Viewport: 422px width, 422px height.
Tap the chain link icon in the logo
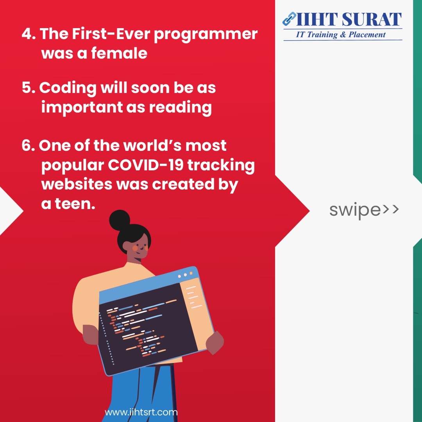289,19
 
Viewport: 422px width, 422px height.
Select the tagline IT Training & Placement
340,35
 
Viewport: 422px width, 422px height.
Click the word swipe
355,210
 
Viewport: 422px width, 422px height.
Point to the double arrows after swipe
390,209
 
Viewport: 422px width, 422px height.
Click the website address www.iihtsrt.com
141,412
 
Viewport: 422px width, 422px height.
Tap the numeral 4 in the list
27,34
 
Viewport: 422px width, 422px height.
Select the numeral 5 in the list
27,88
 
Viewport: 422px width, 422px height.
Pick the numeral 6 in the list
27,146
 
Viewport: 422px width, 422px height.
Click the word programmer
206,35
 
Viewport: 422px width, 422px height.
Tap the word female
119,53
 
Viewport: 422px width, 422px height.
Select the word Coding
68,88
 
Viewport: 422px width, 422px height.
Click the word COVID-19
146,165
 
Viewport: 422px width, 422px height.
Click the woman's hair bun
120,220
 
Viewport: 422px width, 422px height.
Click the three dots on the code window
185,275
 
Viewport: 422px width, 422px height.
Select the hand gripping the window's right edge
215,343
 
